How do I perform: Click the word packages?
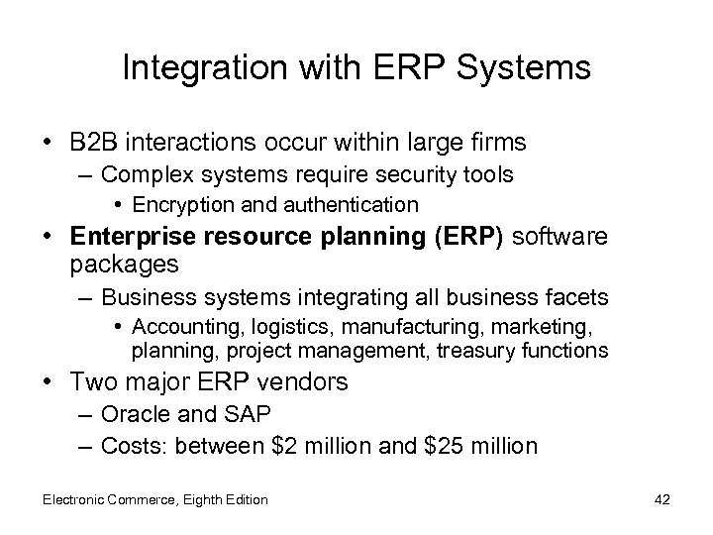125,264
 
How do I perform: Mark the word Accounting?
175,326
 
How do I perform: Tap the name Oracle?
134,414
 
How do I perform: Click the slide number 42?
662,499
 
